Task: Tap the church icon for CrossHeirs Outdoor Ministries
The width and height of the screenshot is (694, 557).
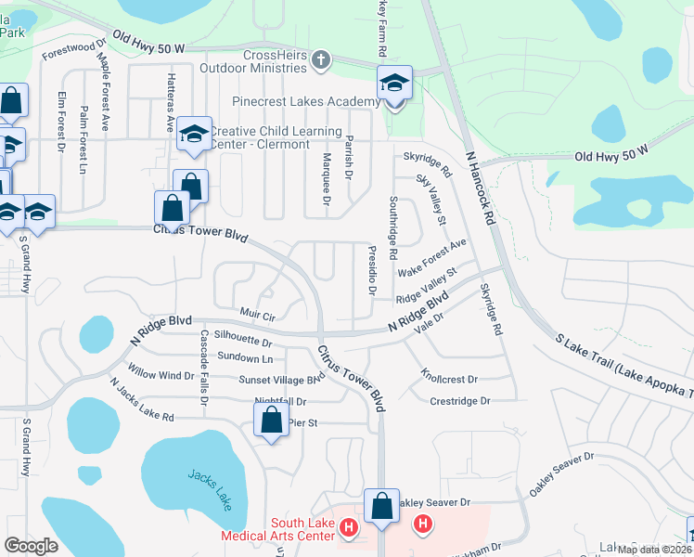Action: click(x=321, y=61)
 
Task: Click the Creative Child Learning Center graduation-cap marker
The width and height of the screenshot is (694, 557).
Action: click(x=194, y=136)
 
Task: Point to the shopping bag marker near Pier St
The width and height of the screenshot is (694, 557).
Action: click(x=270, y=421)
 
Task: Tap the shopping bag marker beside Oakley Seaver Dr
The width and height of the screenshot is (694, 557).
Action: click(x=381, y=506)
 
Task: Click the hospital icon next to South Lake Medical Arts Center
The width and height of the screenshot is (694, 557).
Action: click(x=349, y=529)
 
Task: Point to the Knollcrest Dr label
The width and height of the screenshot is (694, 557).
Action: click(x=448, y=379)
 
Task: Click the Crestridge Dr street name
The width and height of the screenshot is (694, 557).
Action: click(x=459, y=401)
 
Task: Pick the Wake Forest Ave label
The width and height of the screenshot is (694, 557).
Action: click(x=431, y=257)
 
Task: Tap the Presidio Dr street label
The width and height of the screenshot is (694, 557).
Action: click(x=372, y=271)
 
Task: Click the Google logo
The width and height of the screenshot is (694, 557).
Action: click(x=31, y=546)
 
